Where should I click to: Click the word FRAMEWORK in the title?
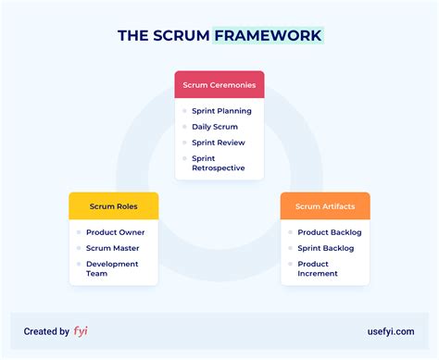pos(268,36)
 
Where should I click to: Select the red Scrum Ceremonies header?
pos(219,85)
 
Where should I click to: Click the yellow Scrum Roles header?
pos(114,206)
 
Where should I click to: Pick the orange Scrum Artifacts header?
pos(325,206)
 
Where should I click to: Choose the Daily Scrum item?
pos(215,127)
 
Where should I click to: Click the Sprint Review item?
pos(218,143)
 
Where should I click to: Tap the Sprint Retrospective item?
pos(219,163)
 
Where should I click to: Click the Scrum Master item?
pos(112,248)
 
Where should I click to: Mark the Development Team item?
pos(111,268)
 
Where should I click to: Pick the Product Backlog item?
pos(329,232)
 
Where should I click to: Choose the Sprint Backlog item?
pos(327,248)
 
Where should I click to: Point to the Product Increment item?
pos(318,268)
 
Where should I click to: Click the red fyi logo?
pos(81,330)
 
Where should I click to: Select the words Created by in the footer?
pos(46,330)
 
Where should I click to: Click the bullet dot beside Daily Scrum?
pos(185,127)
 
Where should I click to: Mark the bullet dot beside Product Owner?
pos(79,232)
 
